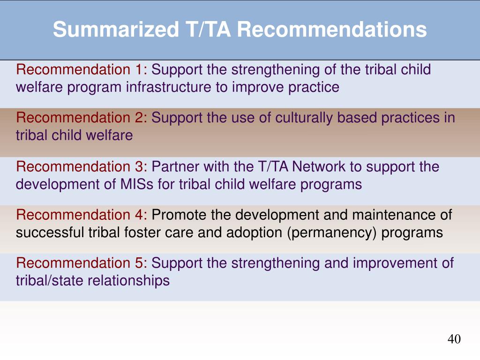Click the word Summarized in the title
click(116, 30)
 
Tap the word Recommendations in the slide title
click(332, 30)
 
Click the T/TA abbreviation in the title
click(208, 30)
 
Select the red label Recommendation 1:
click(82, 69)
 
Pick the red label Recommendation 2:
click(82, 118)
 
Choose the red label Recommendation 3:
click(82, 166)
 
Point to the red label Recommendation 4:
click(82, 215)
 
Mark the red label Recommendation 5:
click(82, 263)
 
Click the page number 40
click(454, 339)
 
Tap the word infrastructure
click(169, 87)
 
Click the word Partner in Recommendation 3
click(175, 166)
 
